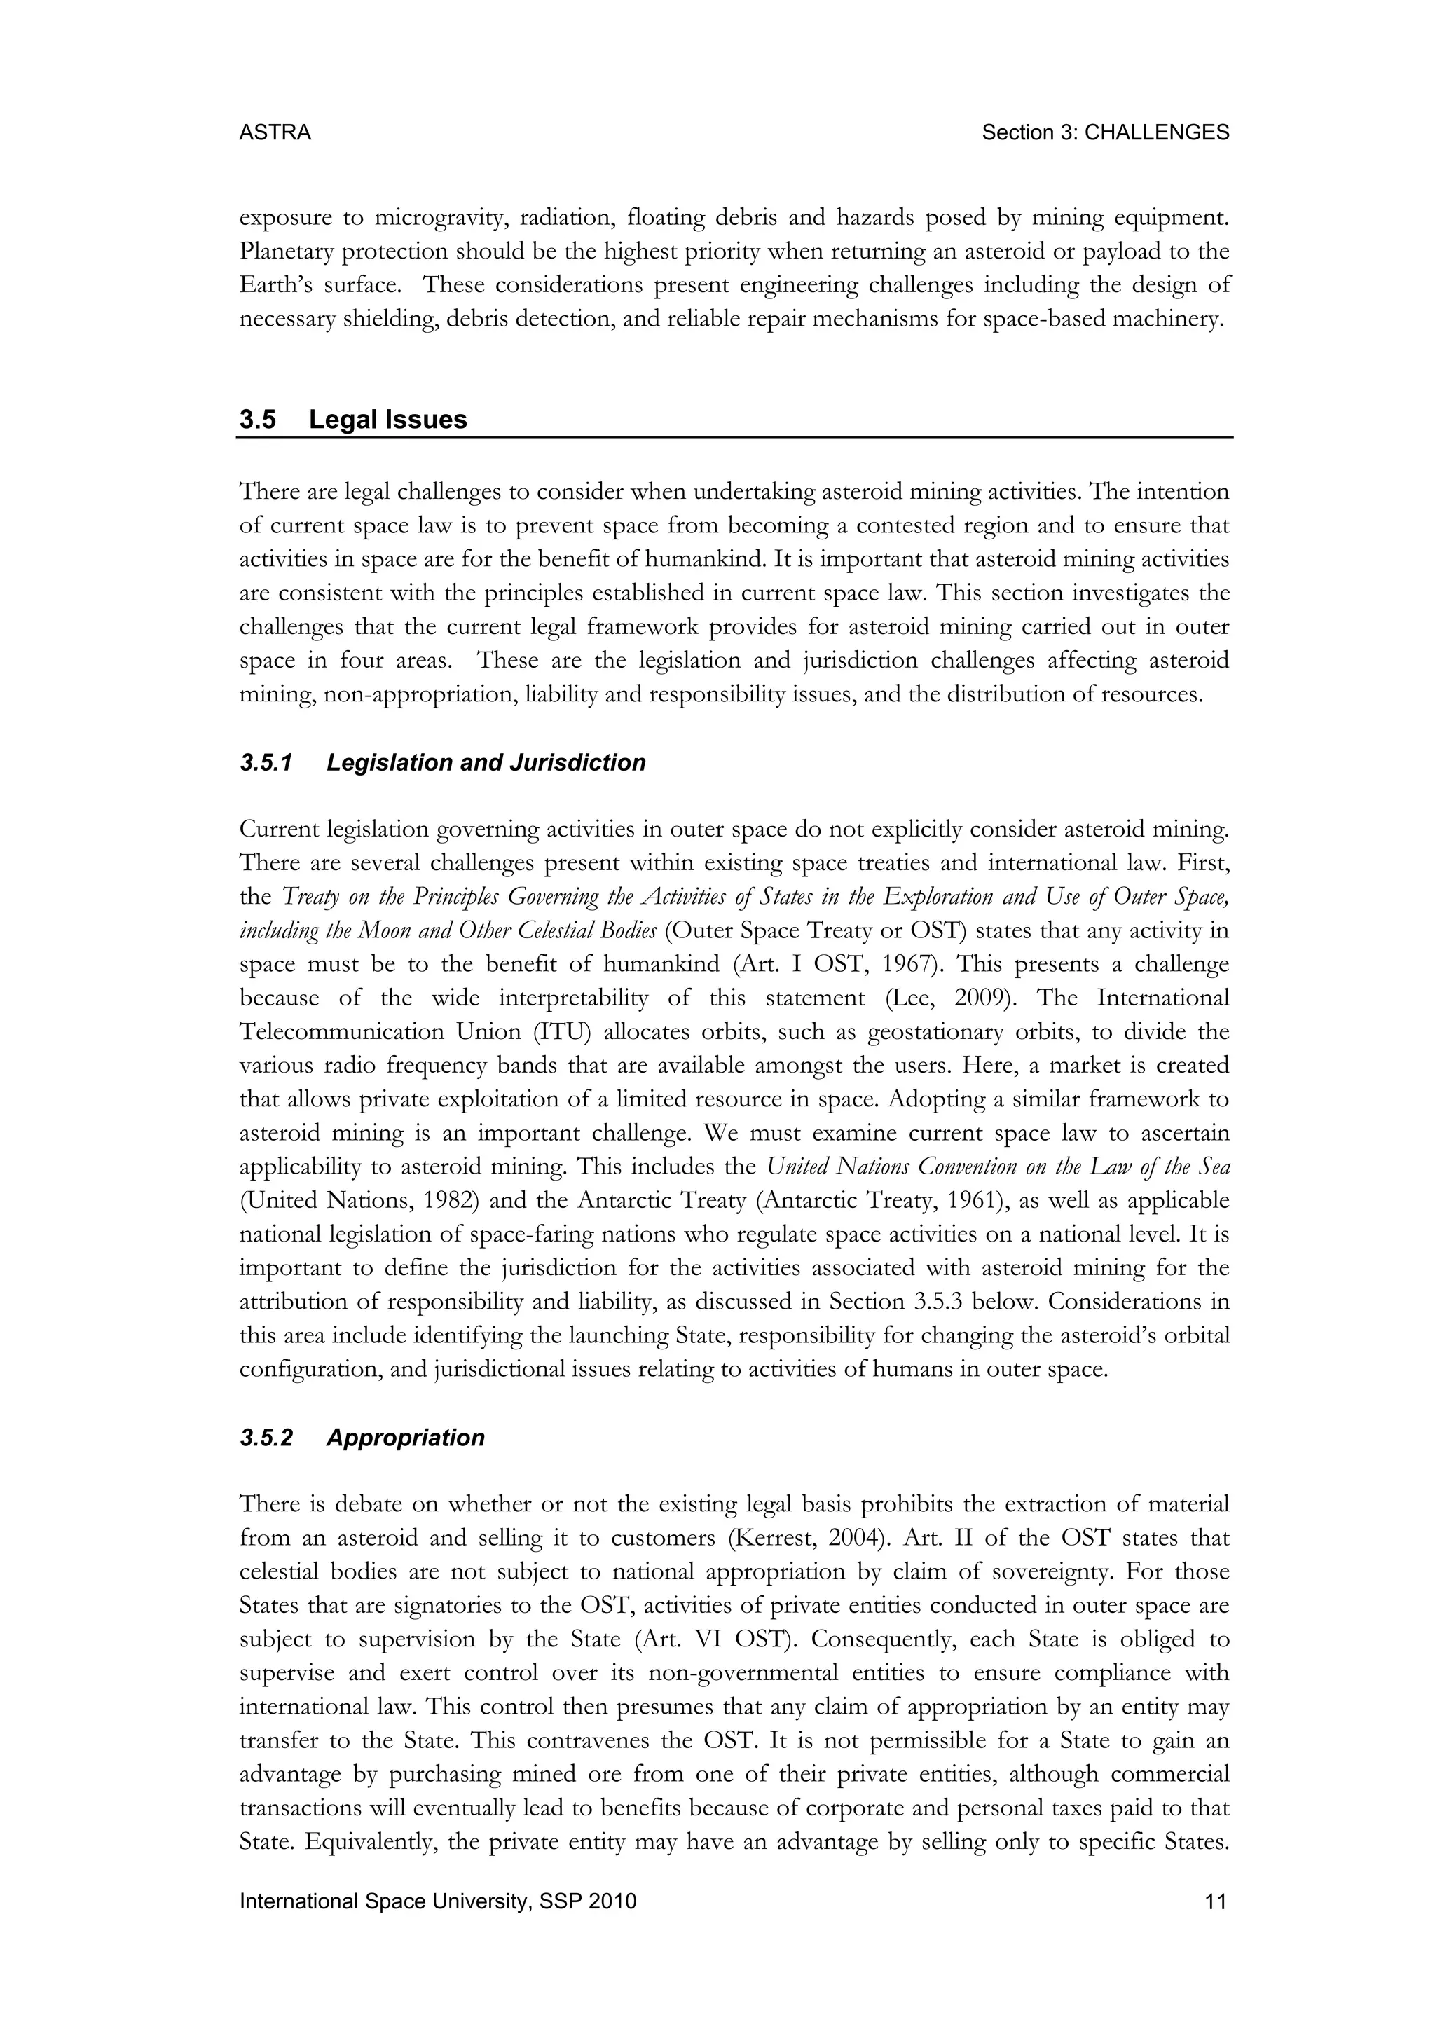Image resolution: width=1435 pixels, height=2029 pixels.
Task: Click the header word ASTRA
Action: [275, 133]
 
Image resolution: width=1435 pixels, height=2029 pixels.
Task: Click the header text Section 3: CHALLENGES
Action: [1106, 133]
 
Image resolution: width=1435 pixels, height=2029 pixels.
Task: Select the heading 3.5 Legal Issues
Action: [352, 420]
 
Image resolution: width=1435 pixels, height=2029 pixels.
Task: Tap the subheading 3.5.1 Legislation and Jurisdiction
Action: [442, 763]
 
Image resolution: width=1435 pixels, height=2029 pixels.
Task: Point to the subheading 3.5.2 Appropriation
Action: [362, 1438]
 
